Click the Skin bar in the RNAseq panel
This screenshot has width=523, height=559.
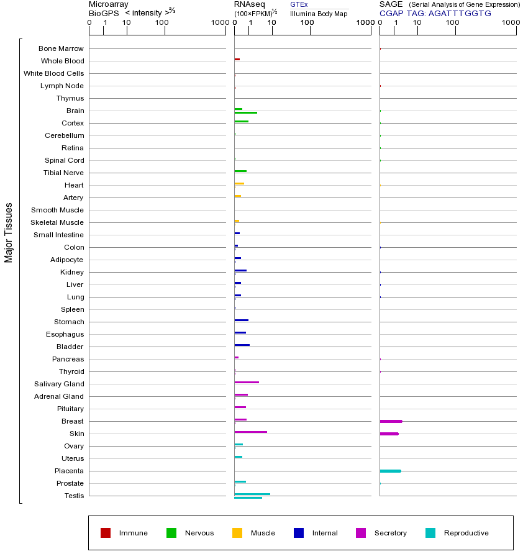pos(250,432)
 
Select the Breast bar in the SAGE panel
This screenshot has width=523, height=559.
pos(391,421)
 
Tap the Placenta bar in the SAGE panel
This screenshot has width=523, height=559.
pos(390,471)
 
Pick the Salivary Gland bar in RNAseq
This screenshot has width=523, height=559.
pos(247,382)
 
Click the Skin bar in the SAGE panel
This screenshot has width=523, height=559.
pos(389,434)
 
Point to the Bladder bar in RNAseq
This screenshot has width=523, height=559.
pos(242,345)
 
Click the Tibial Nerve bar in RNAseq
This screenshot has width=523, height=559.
pos(240,171)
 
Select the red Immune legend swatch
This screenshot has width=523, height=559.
pos(106,533)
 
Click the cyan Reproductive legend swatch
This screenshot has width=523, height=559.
pos(430,533)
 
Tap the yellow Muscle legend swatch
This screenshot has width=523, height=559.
pos(237,533)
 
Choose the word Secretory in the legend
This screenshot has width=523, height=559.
pos(390,533)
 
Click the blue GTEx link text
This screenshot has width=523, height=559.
pos(299,4)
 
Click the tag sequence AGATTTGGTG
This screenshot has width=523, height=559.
pos(460,13)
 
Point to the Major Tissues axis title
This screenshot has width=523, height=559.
pos(9,232)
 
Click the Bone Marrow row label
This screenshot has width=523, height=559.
pos(61,48)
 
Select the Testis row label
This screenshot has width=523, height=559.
pos(74,496)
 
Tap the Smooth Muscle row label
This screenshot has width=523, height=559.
pos(57,210)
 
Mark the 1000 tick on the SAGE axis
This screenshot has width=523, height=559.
pos(511,23)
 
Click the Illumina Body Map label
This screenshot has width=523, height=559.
pos(319,14)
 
